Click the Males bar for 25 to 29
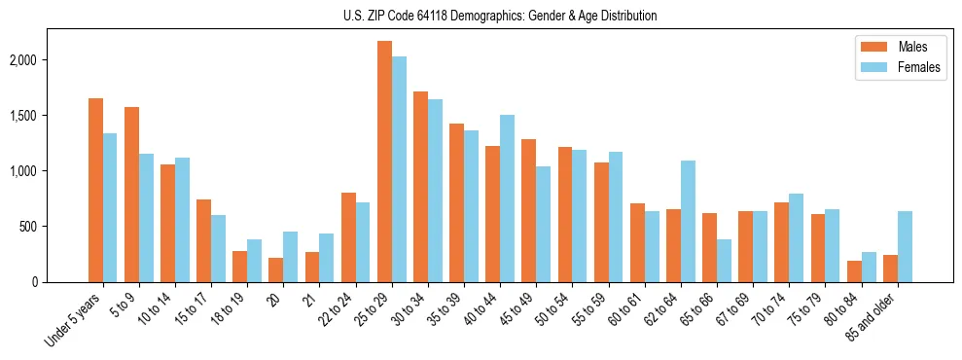[384, 162]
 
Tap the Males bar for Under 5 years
[95, 190]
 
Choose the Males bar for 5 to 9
[131, 195]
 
